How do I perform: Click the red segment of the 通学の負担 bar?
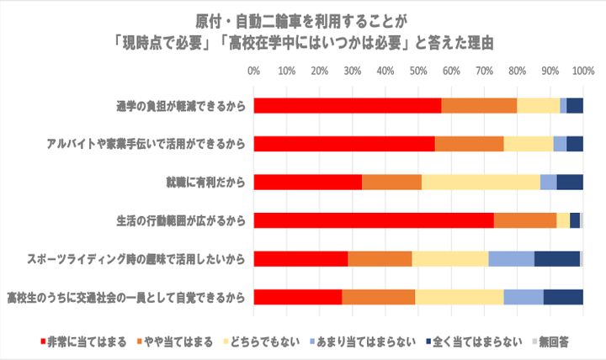click(x=347, y=105)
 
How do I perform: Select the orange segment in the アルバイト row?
click(x=469, y=143)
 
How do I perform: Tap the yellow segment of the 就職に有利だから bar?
click(x=481, y=182)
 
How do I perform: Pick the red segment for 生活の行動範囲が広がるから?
click(x=374, y=220)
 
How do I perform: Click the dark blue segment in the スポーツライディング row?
click(x=556, y=258)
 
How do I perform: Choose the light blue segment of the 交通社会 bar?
click(x=524, y=297)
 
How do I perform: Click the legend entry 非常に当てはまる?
click(x=83, y=341)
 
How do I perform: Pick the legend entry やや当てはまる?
click(x=177, y=341)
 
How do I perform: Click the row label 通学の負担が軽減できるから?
click(x=180, y=106)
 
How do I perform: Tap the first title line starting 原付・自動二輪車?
click(x=303, y=19)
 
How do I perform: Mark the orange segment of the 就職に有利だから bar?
click(x=391, y=182)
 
